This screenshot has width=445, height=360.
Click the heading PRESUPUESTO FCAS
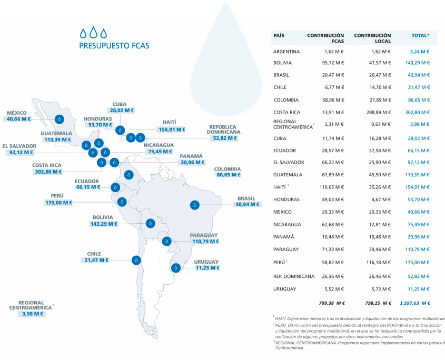tap(114, 46)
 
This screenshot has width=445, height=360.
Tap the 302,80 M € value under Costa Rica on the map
tap(46, 171)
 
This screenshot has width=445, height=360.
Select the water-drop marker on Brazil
tap(195, 205)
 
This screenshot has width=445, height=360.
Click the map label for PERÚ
tap(57, 196)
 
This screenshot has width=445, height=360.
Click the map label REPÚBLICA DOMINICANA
tap(224, 129)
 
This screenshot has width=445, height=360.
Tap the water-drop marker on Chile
tap(136, 259)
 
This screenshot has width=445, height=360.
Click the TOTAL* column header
tap(420, 35)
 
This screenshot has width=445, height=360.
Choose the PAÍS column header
tap(279, 35)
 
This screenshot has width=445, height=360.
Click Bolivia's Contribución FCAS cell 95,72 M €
tap(333, 63)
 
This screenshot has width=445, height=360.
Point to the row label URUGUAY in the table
tap(285, 289)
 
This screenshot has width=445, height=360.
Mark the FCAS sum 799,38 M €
tap(332, 303)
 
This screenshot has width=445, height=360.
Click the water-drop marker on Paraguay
tap(167, 242)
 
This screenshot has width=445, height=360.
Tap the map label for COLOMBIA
tap(228, 169)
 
